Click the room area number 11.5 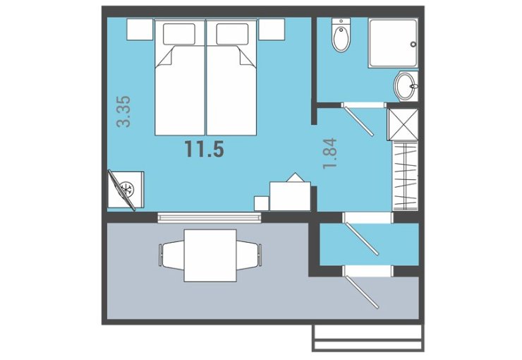point(205,148)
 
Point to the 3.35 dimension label point(124,112)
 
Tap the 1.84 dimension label point(330,153)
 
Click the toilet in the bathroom point(341,35)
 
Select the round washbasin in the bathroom point(406,86)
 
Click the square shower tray point(393,43)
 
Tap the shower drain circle point(413,44)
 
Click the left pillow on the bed point(179,34)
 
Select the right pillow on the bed point(232,34)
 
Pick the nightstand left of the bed point(140,30)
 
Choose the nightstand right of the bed point(272,30)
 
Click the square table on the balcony point(210,256)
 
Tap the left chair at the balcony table point(172,255)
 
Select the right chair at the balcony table point(249,255)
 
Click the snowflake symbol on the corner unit point(127,189)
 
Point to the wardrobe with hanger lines point(405,175)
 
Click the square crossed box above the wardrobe point(403,124)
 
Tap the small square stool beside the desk point(261,203)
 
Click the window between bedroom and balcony point(210,217)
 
